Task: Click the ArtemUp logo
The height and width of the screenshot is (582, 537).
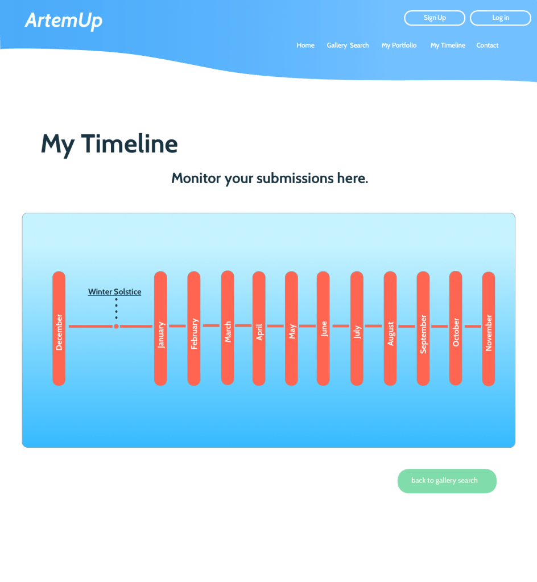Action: point(64,21)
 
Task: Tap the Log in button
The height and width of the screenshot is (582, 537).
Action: point(500,18)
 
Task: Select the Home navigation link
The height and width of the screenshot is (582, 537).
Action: point(305,46)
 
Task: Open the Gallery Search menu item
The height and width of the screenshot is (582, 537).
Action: point(348,46)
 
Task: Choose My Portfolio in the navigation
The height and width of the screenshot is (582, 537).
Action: point(399,46)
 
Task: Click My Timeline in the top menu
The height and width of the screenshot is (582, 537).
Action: point(448,46)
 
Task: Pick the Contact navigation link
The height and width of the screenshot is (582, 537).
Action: point(488,46)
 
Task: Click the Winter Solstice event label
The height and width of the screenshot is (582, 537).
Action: point(114,292)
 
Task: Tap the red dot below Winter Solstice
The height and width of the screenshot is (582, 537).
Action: point(116,326)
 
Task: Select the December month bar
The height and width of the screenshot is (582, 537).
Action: point(59,328)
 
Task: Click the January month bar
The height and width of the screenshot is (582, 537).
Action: point(160,328)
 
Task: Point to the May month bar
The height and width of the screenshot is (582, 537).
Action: point(291,328)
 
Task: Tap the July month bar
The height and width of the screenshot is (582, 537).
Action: point(357,328)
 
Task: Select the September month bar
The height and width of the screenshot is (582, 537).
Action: point(423,328)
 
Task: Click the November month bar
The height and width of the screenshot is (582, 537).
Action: point(488,328)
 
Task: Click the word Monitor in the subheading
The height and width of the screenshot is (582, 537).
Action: point(196,179)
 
